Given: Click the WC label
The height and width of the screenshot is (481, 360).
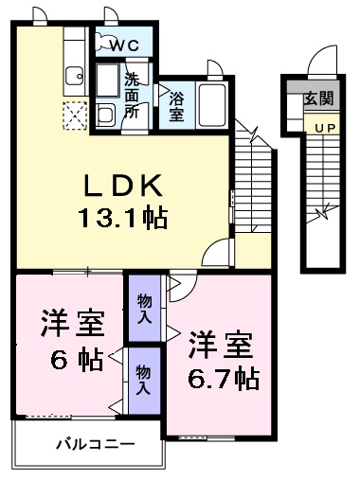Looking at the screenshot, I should point(124,45).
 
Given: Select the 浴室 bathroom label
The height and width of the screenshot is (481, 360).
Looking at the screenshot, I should point(176,104).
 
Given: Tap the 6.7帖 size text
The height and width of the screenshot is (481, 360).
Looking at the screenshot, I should point(223,378).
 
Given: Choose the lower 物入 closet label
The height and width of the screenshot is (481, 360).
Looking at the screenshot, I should point(143,381).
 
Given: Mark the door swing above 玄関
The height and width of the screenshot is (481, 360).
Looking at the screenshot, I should point(321,62).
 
